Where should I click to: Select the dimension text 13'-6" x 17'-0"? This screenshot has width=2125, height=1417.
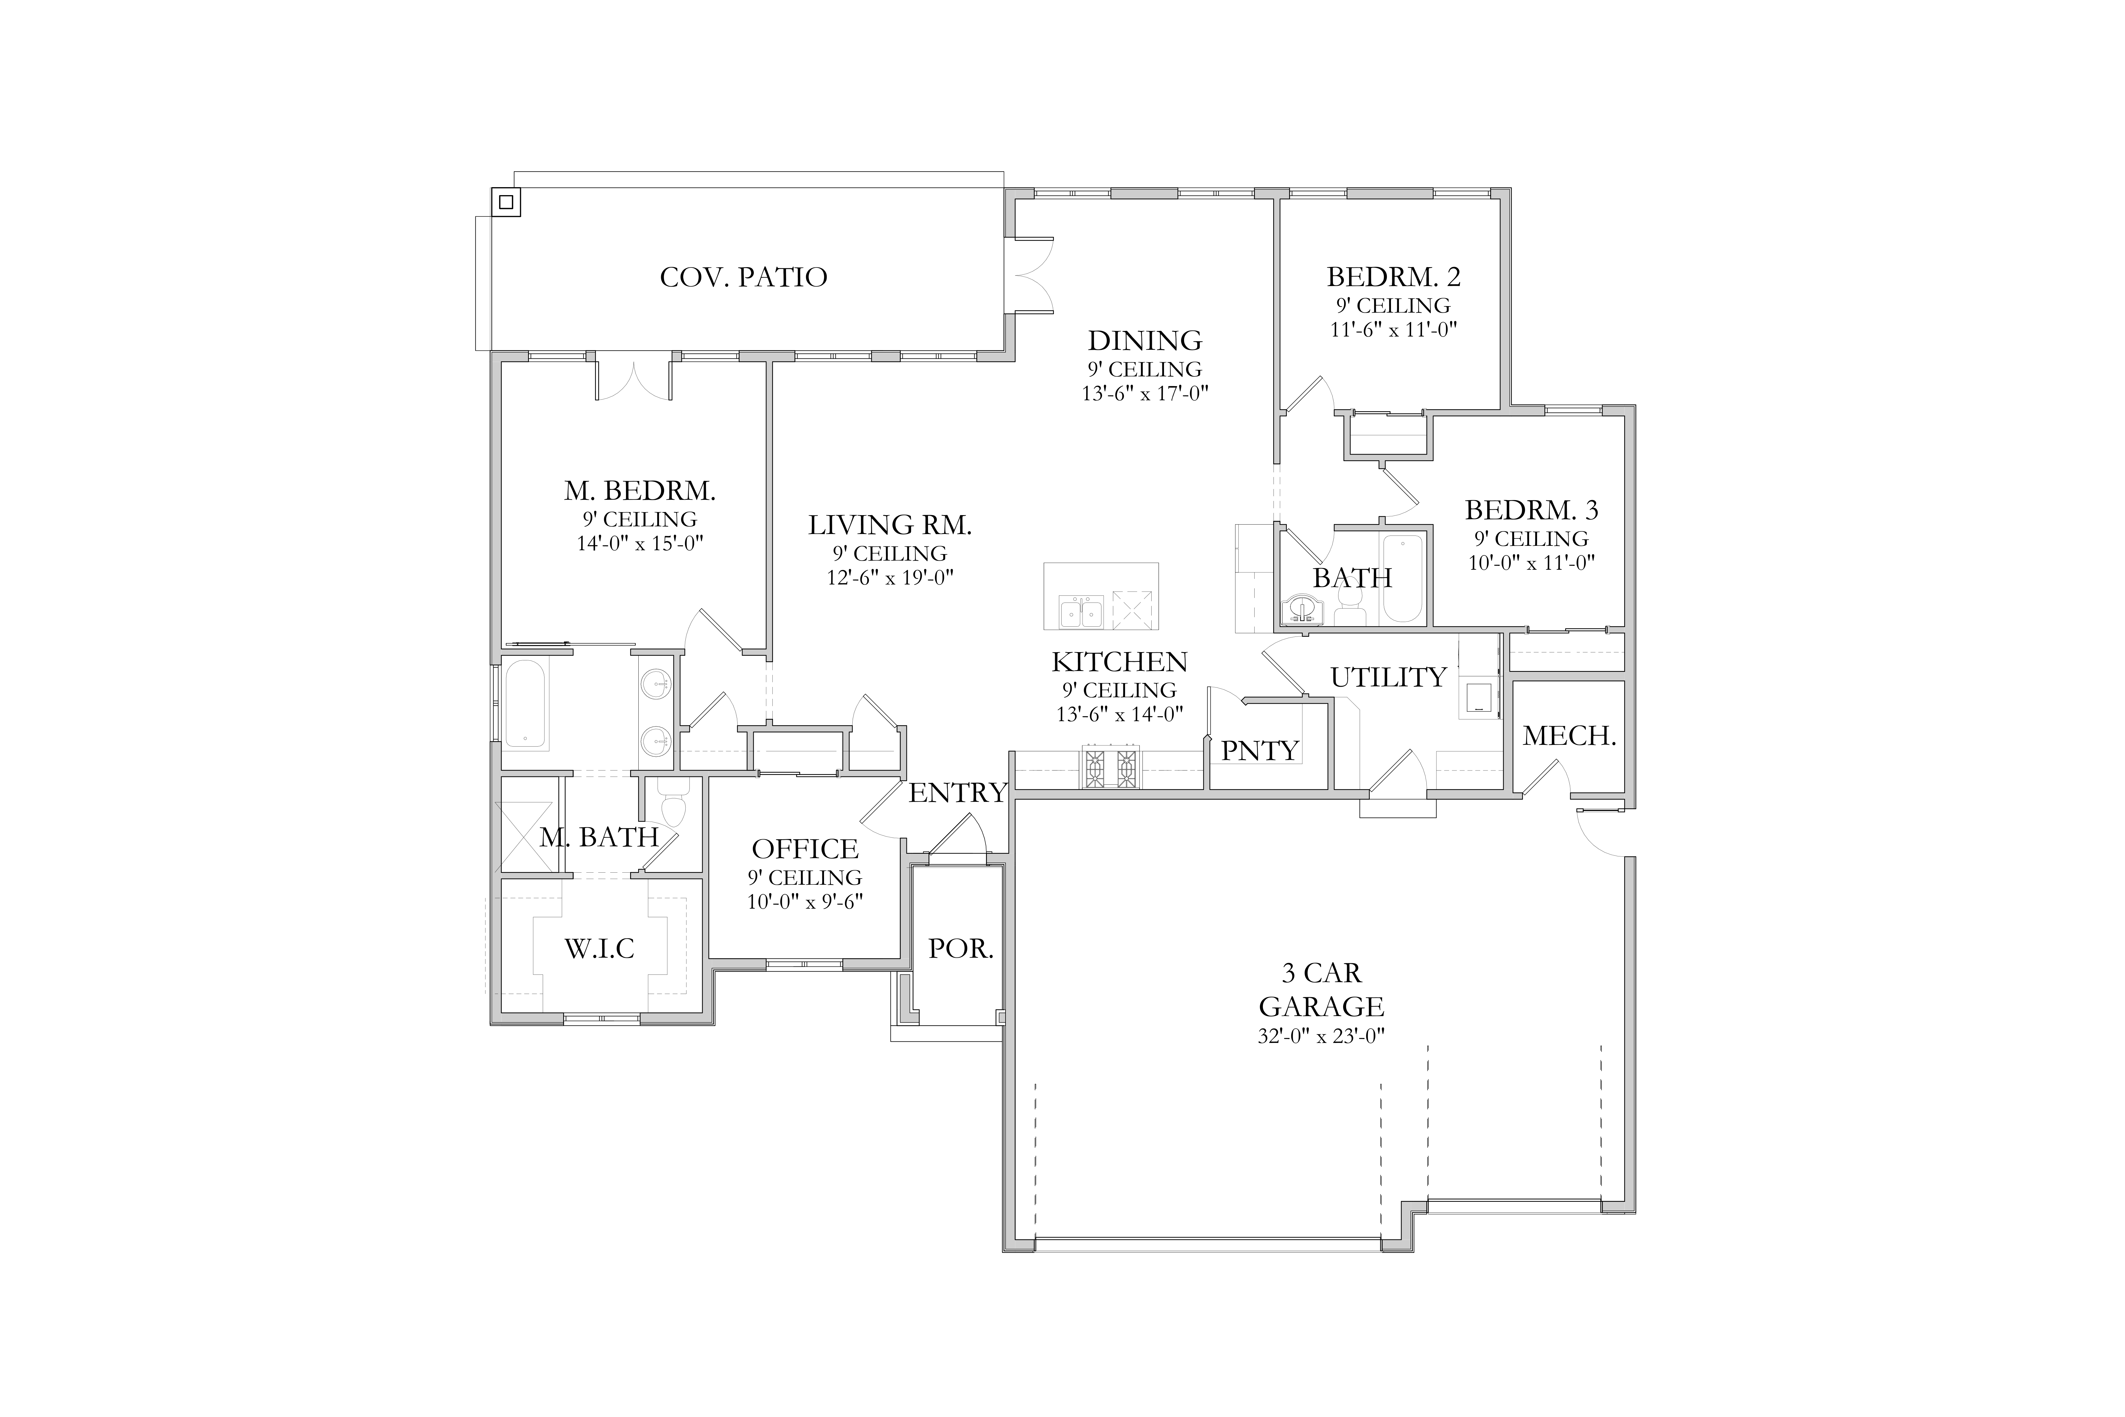[1145, 394]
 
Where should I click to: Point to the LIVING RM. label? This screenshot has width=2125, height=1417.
[890, 525]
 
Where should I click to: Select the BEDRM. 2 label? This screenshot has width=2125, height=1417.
[1393, 277]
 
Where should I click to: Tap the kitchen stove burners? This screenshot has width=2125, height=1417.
[1111, 768]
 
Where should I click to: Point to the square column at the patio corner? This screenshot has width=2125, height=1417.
[506, 202]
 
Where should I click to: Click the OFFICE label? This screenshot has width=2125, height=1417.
[805, 850]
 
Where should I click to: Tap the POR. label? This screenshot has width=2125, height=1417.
[960, 949]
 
